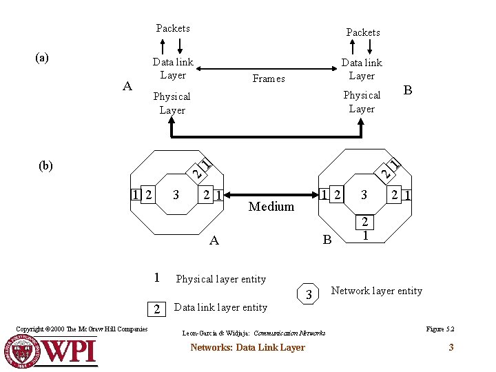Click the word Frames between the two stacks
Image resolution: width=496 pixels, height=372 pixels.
[x=269, y=79]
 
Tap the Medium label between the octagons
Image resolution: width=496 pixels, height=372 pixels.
[x=271, y=207]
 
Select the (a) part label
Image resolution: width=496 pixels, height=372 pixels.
[x=42, y=58]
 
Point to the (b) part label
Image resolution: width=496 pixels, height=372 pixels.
[x=46, y=165]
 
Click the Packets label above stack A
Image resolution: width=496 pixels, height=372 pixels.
[x=173, y=28]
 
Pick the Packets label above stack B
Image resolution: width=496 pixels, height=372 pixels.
[x=363, y=32]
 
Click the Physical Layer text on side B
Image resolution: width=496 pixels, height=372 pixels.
[x=362, y=102]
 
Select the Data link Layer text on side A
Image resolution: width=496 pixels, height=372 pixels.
[x=173, y=69]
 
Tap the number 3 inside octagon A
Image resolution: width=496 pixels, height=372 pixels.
[x=176, y=195]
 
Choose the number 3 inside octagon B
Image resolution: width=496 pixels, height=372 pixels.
[x=364, y=196]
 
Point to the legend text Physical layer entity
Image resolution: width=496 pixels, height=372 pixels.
[x=220, y=279]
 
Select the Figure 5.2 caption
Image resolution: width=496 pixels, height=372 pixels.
[x=440, y=329]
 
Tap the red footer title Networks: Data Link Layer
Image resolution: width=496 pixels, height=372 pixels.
[x=247, y=348]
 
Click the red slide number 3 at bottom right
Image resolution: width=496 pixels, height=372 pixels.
[x=451, y=347]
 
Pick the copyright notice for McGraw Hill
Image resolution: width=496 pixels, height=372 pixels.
[x=81, y=329]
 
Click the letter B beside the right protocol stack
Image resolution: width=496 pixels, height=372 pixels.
[x=408, y=90]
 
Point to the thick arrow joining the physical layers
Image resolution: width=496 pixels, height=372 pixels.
[x=267, y=136]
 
